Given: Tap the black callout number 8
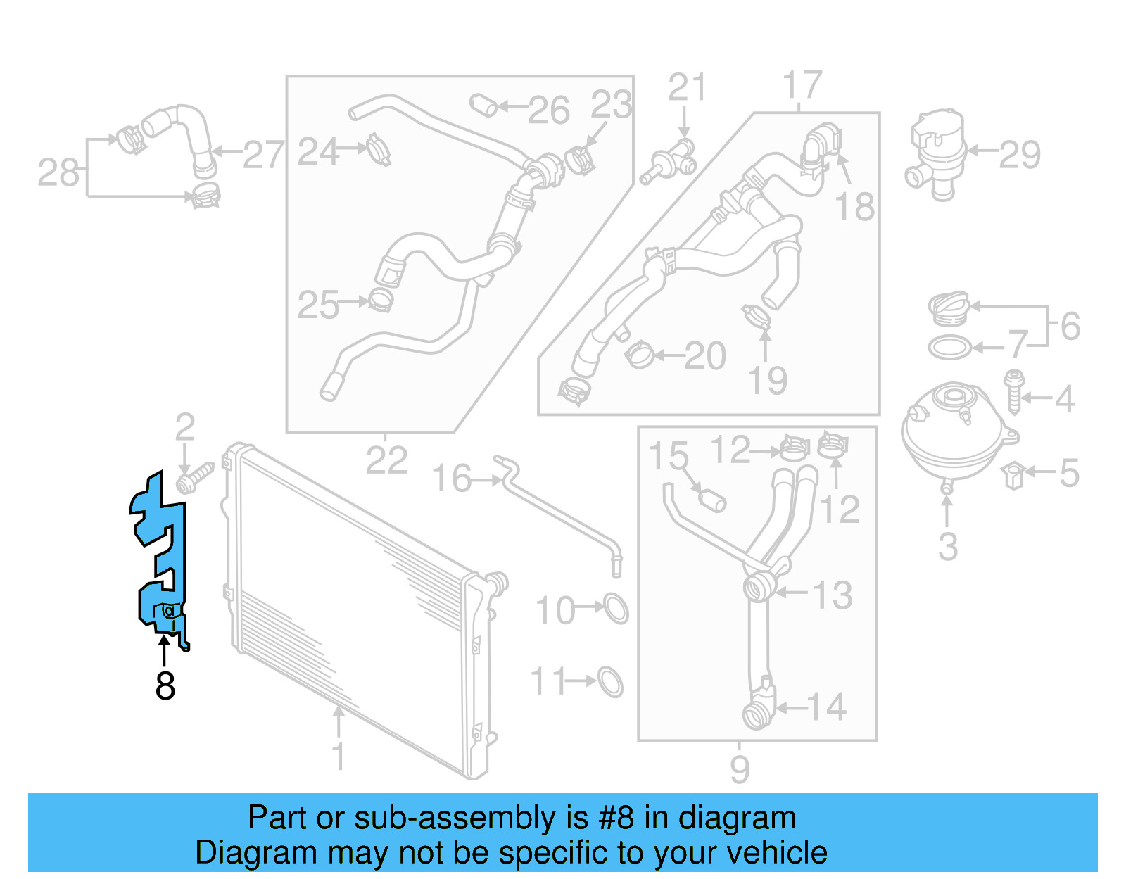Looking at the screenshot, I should (165, 685).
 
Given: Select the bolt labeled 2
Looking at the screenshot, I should (194, 479).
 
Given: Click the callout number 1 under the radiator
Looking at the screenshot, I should (339, 757).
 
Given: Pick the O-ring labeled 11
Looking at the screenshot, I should (611, 681).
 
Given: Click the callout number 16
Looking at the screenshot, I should (450, 479).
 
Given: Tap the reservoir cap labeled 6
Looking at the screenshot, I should (949, 308).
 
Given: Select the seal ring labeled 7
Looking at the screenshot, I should (949, 348).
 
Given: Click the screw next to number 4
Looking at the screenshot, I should (1014, 393).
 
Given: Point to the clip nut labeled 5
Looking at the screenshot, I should (1013, 475).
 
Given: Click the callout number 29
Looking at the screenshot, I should (1020, 154).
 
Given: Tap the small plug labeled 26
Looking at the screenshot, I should (483, 106).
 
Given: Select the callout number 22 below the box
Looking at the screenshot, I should (386, 461).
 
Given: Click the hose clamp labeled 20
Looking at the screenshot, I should (639, 355).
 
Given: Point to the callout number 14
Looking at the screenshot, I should (826, 707).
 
